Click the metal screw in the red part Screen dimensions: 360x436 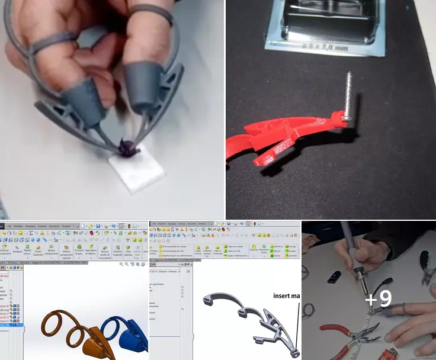click(x=348, y=95)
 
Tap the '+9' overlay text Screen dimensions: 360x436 click(x=378, y=299)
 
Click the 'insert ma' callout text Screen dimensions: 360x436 click(x=287, y=295)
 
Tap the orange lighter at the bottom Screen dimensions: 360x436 click(x=395, y=355)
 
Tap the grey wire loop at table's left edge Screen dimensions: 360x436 click(x=305, y=273)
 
